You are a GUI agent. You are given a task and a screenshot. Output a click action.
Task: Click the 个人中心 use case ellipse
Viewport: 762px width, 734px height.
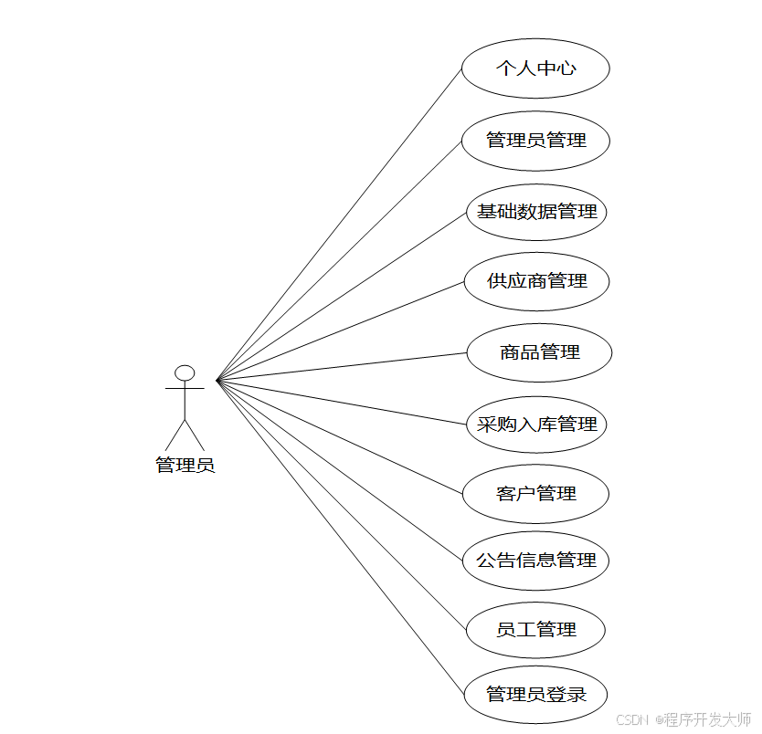click(535, 68)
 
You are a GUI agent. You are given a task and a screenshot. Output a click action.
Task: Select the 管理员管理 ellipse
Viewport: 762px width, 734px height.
click(535, 141)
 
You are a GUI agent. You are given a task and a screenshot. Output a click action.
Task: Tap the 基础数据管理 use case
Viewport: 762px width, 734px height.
click(536, 212)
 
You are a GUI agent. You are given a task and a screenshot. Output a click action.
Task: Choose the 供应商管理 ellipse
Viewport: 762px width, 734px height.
click(536, 281)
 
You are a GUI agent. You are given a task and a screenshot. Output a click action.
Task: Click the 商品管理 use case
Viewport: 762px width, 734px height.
click(539, 352)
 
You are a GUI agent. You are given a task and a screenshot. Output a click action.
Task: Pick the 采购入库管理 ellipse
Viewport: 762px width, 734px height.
click(536, 425)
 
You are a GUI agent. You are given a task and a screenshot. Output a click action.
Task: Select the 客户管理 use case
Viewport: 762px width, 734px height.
click(536, 494)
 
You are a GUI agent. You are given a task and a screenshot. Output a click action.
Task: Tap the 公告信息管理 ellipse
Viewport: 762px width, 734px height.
click(535, 561)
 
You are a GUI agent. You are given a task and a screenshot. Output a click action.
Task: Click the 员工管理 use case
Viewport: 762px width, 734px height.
click(535, 630)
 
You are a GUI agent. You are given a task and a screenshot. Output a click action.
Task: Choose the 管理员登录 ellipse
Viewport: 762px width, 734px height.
click(535, 695)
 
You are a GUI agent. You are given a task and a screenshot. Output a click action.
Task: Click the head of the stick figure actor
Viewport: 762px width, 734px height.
click(185, 372)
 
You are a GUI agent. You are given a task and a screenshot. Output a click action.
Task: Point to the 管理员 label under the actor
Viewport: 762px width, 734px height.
click(185, 466)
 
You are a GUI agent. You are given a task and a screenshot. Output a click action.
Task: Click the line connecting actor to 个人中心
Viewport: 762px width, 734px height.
click(339, 224)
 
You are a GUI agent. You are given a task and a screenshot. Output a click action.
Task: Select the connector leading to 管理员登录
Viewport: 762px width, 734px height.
click(340, 538)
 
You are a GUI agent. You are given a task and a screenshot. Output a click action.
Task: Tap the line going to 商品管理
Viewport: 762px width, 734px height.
click(341, 366)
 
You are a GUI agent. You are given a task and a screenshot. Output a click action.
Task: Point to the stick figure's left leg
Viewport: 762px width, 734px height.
click(175, 436)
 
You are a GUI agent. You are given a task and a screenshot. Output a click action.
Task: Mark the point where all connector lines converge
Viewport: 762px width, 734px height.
click(217, 380)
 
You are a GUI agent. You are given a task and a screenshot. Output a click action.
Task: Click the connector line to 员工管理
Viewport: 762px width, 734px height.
click(341, 504)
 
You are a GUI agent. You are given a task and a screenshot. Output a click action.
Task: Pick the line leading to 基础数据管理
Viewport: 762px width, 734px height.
click(341, 296)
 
